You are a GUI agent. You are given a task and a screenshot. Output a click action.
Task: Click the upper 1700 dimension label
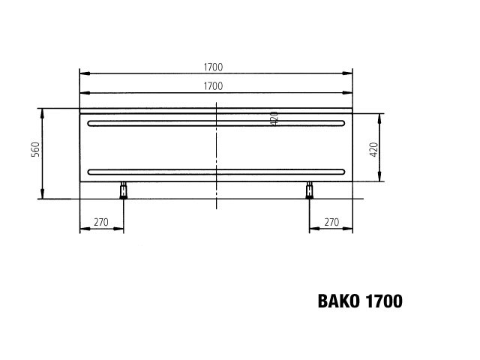coord(213,67)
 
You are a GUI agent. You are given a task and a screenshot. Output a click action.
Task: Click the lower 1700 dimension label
coord(213,86)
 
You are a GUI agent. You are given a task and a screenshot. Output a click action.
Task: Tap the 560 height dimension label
coord(35,149)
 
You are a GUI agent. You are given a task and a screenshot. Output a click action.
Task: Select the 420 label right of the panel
coord(373,150)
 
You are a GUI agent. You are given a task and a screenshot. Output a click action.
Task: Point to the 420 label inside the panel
coord(274,118)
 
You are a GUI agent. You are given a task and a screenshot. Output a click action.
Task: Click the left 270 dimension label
coord(101,222)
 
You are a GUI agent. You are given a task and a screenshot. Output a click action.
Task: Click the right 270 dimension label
coord(331,222)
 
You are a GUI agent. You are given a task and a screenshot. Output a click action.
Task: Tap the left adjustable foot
coord(123,190)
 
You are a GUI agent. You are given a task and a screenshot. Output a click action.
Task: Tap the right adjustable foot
coord(309,190)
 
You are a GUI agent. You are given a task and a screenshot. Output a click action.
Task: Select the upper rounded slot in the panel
coord(216,123)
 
